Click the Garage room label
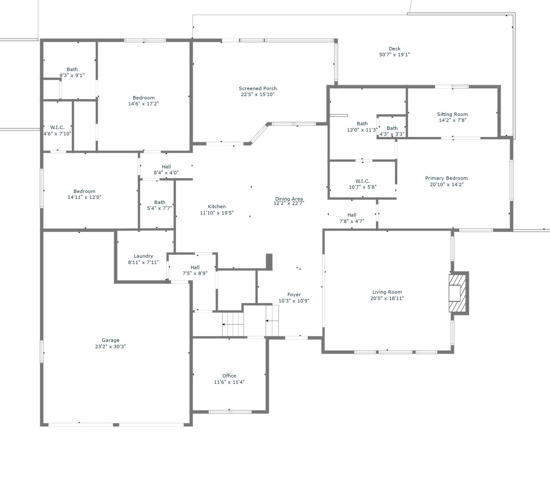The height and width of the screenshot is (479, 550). (x=110, y=340)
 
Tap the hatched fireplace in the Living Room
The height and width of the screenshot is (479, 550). (x=458, y=293)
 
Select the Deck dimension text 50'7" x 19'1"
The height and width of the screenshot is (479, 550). (x=394, y=55)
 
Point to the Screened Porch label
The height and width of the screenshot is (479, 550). (x=257, y=88)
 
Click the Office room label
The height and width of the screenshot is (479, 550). (x=229, y=376)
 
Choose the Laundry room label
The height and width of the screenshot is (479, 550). (x=143, y=256)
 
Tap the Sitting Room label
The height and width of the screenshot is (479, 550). (x=452, y=114)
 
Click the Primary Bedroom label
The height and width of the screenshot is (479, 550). (x=446, y=178)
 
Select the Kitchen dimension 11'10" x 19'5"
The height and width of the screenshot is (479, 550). (x=216, y=213)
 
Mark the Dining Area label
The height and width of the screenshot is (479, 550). (x=289, y=198)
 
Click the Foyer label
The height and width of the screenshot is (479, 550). (x=294, y=295)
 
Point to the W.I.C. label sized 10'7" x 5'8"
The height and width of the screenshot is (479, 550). (x=362, y=181)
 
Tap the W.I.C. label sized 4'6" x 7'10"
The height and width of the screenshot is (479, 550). (x=57, y=127)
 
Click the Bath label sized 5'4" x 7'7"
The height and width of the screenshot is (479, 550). (x=159, y=202)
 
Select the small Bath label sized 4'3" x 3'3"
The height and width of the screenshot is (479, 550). (x=392, y=128)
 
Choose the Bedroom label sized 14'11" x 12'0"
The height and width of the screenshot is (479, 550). (x=84, y=191)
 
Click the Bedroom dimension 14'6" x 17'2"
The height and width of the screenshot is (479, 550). (x=143, y=104)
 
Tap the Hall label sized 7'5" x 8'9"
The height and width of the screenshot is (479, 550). (x=195, y=267)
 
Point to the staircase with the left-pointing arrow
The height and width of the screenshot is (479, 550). (x=233, y=324)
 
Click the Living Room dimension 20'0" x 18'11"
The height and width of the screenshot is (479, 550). (x=387, y=298)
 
